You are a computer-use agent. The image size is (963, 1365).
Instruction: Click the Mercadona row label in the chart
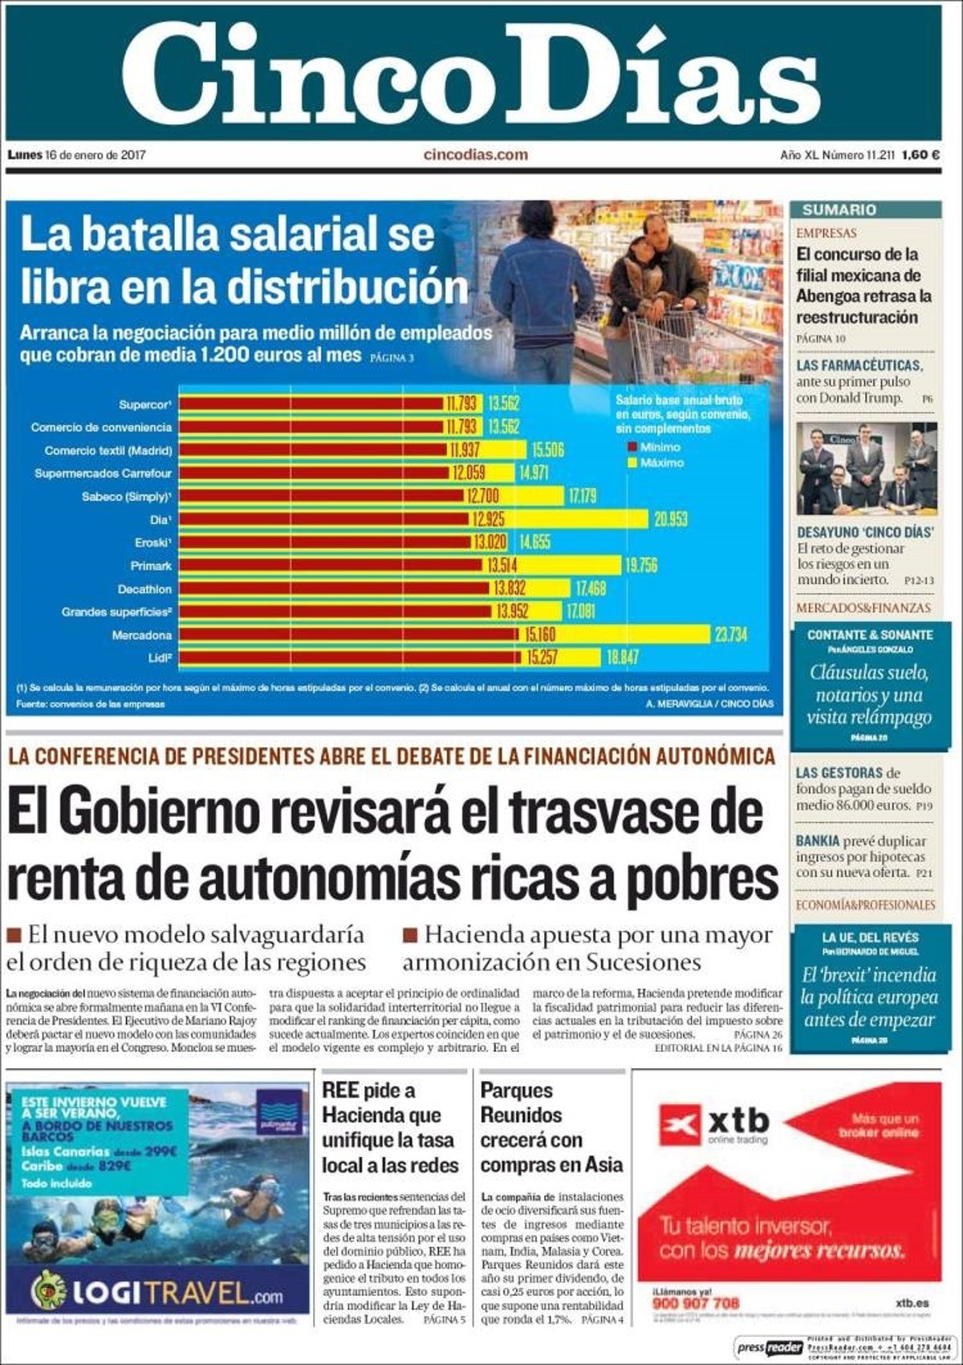pos(142,636)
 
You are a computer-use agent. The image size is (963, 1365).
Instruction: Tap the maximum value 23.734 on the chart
pos(731,635)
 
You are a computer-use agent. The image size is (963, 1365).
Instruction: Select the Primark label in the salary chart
pos(151,566)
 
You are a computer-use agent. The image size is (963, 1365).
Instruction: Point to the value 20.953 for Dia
pos(670,519)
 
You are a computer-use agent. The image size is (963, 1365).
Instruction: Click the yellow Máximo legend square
pos(632,463)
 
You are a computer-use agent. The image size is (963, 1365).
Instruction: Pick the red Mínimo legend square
pos(632,447)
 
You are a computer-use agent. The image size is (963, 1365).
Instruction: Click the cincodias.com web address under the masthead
pos(476,155)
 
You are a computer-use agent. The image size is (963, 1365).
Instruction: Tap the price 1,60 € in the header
pos(920,155)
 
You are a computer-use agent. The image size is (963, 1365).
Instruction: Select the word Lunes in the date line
pos(24,155)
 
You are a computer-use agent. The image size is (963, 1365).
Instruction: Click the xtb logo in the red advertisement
pos(714,1124)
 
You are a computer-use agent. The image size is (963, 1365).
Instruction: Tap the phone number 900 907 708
pos(696,1303)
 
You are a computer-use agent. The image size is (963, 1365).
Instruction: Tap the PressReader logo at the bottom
pos(770,1347)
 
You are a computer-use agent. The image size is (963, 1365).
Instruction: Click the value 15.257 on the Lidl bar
pos(542,658)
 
